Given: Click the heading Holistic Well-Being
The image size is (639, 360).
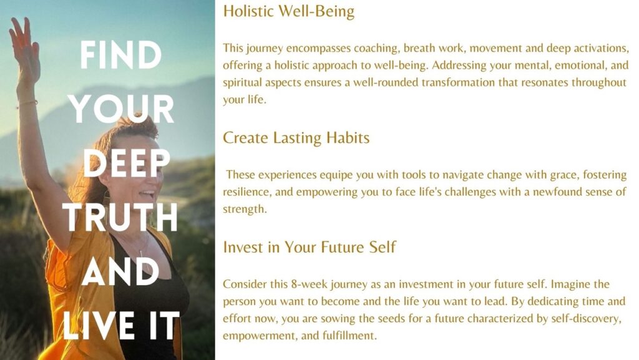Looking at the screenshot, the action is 288,11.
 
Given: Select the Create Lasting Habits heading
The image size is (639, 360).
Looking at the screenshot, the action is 296,138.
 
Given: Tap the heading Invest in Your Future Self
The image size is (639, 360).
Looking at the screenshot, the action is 310,247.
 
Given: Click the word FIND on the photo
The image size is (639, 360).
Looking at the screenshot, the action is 120,55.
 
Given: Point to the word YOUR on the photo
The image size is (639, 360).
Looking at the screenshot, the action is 121,109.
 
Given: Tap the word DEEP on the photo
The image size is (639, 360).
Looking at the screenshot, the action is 126,163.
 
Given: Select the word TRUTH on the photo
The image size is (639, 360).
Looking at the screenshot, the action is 120,217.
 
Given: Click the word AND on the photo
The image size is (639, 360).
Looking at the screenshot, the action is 120,271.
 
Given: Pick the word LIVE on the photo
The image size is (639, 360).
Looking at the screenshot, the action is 99,326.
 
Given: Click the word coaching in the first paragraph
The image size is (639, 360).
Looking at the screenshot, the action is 376,49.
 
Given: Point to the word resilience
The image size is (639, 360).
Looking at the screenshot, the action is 246,192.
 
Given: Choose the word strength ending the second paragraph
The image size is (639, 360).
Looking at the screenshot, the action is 244,209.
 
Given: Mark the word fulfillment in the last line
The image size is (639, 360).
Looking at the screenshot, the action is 349,336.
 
